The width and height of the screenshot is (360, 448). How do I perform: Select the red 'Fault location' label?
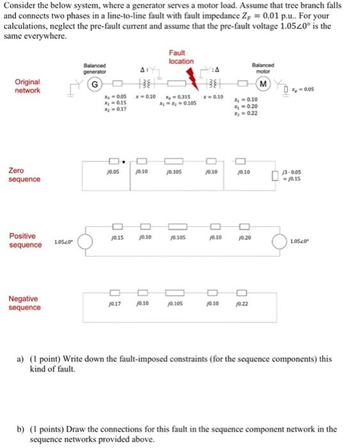(181, 57)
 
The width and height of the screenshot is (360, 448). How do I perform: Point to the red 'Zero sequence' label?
(24, 175)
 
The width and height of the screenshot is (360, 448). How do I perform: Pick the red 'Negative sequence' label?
(24, 303)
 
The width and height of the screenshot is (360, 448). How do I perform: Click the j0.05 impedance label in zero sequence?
(114, 172)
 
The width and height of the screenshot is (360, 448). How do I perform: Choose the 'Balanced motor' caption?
(261, 67)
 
